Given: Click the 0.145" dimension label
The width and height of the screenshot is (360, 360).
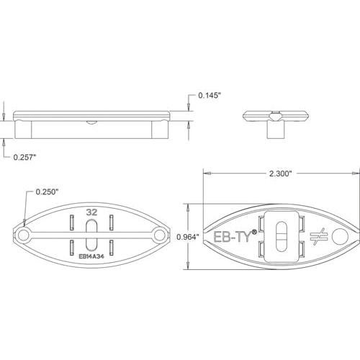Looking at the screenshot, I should point(210,95).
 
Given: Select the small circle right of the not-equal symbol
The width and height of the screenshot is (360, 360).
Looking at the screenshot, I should point(341,235).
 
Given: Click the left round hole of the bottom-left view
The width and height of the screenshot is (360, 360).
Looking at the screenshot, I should point(24,235).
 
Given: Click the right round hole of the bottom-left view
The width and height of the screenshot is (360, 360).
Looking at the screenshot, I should point(159,235).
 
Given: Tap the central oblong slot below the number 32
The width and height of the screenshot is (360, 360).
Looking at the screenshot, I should point(91,235).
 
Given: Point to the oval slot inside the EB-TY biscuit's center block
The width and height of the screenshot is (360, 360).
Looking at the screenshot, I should point(282,235).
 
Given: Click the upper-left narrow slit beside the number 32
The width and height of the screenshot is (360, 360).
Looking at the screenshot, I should point(71,222).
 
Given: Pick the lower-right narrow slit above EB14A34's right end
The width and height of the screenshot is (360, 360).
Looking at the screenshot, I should point(112,247).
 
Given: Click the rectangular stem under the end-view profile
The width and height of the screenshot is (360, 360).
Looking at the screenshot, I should point(275,130).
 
